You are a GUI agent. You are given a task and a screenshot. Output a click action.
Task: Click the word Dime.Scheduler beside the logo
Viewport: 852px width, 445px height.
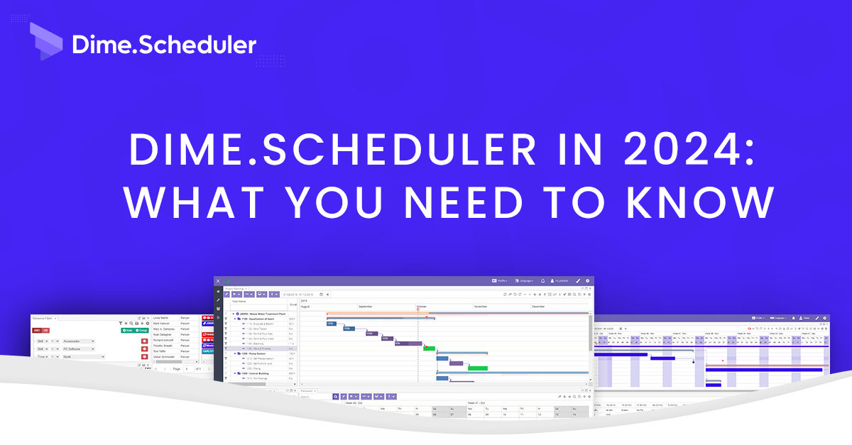pos(164,45)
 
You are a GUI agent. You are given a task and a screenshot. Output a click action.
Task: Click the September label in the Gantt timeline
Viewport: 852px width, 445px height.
pos(366,307)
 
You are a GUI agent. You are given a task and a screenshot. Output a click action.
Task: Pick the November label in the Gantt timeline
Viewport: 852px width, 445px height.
pos(481,307)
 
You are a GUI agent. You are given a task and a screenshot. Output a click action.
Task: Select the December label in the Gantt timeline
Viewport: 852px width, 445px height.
pos(539,307)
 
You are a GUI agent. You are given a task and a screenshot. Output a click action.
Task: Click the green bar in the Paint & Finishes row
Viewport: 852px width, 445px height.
pos(429,348)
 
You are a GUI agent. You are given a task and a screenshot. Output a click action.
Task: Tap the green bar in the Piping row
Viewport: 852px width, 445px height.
pos(478,368)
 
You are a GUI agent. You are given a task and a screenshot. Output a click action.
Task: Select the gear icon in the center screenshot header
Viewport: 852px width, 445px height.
pos(587,281)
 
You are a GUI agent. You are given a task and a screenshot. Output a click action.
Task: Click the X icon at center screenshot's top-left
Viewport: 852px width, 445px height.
pos(219,281)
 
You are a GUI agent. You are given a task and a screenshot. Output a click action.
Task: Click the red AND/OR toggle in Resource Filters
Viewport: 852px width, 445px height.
pos(40,331)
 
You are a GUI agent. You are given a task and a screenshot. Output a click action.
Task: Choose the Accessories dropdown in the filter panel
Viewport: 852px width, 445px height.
pos(78,341)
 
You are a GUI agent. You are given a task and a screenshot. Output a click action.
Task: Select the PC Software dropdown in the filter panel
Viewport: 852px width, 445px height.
pos(78,349)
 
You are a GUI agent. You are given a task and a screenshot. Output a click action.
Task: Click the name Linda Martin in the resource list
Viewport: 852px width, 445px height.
pos(160,318)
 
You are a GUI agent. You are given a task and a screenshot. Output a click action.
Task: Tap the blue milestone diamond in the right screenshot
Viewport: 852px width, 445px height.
pos(723,361)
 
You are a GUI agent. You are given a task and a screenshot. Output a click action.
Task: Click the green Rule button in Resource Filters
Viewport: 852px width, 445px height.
pos(127,331)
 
